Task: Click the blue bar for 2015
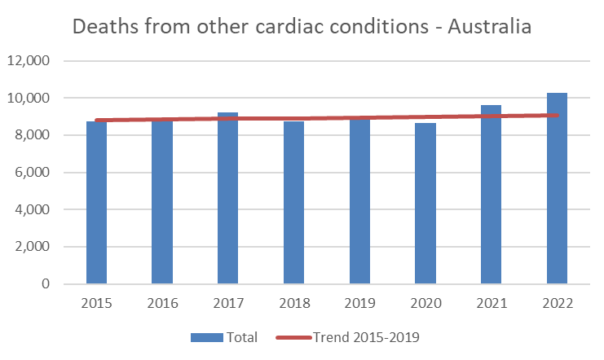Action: [x=96, y=204]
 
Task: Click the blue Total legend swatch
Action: [x=209, y=337]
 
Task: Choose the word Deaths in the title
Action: [x=105, y=26]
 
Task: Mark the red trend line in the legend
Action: [x=294, y=337]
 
